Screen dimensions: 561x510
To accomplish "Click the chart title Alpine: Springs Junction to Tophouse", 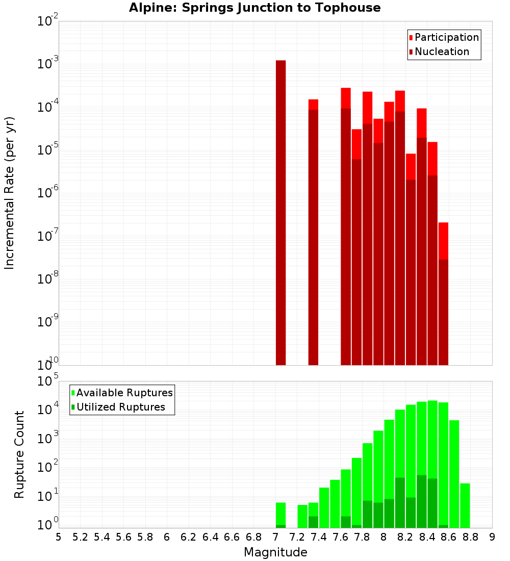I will pyautogui.click(x=254, y=8).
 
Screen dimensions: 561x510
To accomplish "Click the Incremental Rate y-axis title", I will pyautogui.click(x=10, y=193).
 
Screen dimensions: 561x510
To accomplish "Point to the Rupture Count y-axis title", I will pyautogui.click(x=19, y=454).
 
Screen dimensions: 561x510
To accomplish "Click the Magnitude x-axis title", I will pyautogui.click(x=275, y=552).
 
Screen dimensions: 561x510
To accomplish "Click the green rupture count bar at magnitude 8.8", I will pyautogui.click(x=465, y=505).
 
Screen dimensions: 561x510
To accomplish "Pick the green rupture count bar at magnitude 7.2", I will pyautogui.click(x=302, y=516).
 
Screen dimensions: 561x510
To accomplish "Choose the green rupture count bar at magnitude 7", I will pyautogui.click(x=280, y=515).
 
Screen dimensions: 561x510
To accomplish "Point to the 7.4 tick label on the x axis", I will pyautogui.click(x=319, y=537).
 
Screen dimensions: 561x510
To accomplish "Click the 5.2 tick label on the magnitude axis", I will pyautogui.click(x=80, y=537).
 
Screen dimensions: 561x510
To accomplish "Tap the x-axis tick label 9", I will pyautogui.click(x=492, y=537).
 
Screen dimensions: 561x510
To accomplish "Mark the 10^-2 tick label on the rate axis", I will pyautogui.click(x=48, y=21).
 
